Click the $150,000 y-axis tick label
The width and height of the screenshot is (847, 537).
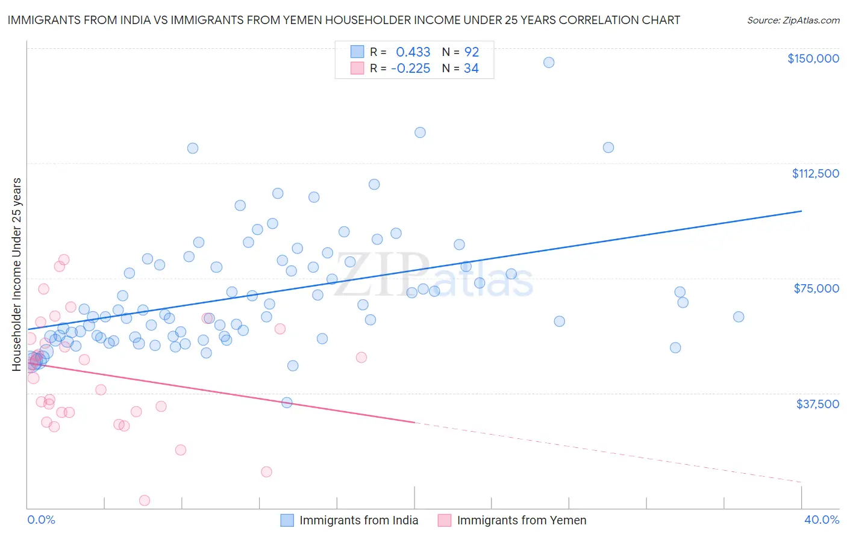pos(813,58)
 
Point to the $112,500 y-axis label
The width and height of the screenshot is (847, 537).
pos(815,173)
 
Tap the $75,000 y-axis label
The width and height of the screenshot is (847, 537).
pos(816,288)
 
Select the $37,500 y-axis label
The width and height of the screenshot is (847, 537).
pos(817,404)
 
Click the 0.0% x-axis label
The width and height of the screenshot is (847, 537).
pos(41,520)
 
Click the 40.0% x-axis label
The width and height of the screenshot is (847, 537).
pos(821,520)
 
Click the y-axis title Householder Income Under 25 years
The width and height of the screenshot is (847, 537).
pos(17,274)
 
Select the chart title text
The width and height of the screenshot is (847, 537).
pos(343,20)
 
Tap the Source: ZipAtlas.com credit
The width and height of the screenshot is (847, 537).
pos(793,20)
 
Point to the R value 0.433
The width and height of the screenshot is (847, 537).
pos(413,52)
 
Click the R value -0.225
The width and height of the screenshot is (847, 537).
pos(410,69)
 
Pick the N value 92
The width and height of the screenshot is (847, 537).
pos(471,52)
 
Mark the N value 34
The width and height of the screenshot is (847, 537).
pos(471,69)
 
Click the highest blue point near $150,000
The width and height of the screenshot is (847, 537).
pos(549,63)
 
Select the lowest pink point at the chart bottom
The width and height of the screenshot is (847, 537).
pos(145,500)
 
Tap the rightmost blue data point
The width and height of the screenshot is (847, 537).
pos(739,317)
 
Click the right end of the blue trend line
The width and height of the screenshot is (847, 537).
pos(801,211)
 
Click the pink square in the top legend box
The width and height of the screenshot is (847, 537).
pos(357,68)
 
